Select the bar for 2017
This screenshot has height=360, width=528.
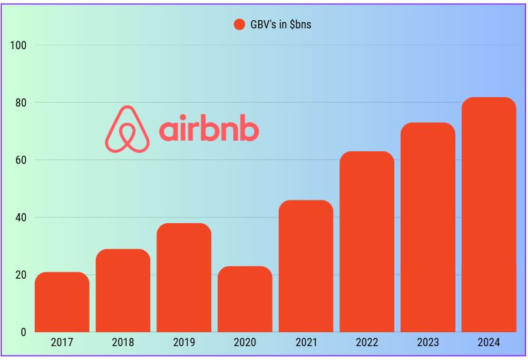(x=62, y=302)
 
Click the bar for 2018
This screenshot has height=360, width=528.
(x=123, y=291)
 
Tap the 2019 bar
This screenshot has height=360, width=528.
(x=184, y=277)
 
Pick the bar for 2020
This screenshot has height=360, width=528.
(x=245, y=299)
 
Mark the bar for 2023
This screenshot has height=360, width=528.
(x=428, y=227)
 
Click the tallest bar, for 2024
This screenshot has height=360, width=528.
(x=489, y=214)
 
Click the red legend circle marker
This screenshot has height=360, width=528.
(x=239, y=25)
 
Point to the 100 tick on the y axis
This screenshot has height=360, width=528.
(x=18, y=45)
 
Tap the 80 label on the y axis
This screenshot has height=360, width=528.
(x=20, y=103)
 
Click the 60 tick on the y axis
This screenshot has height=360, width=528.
(x=20, y=160)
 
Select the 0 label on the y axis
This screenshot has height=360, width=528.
(x=23, y=332)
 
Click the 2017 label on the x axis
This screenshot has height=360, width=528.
(x=62, y=343)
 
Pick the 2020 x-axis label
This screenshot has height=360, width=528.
(x=245, y=343)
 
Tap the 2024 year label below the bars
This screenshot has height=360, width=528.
(x=489, y=343)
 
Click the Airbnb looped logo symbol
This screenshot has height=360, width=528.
(x=127, y=129)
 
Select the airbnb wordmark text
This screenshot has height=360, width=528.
(x=209, y=129)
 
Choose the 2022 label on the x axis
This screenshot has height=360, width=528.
(x=367, y=343)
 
